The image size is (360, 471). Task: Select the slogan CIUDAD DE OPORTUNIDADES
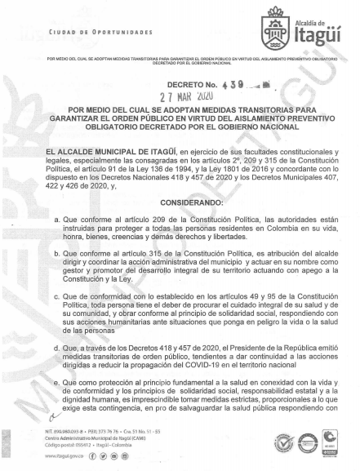point(83,32)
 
